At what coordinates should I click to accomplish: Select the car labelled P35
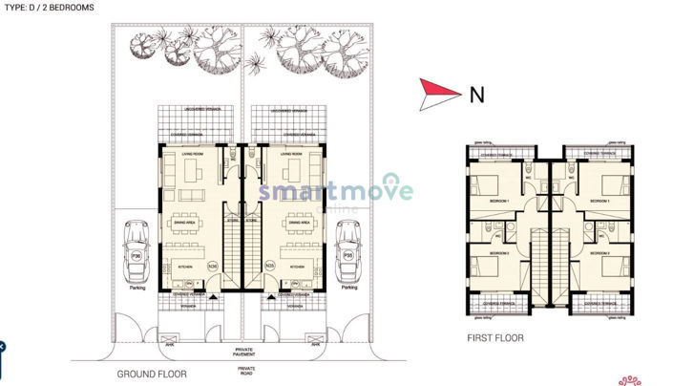pos(348,251)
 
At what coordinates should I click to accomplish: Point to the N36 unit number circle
pos(213,264)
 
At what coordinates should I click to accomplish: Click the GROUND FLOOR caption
pos(152,374)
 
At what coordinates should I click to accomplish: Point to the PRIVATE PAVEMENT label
pos(246,353)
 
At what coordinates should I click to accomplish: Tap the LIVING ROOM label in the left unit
pos(180,154)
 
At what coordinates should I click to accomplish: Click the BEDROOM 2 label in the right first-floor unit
pos(599,254)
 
